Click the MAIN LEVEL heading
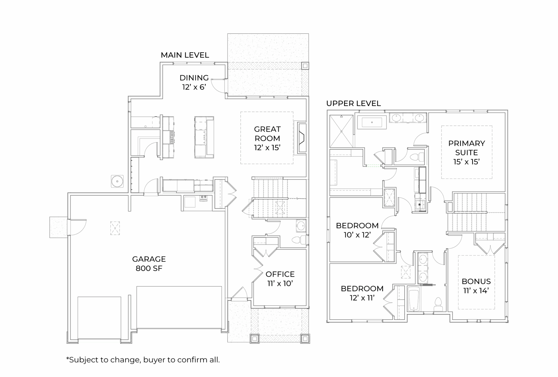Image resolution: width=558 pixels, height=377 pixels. coord(185,55)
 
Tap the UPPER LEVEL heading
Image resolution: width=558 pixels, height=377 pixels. coord(353,104)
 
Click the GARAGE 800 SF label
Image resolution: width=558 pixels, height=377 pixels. coord(149,263)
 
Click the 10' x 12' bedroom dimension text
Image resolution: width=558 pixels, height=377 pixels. coord(357,235)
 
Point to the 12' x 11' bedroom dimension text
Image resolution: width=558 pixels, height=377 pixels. coord(362,298)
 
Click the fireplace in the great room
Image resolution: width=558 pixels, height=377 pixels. coord(302,138)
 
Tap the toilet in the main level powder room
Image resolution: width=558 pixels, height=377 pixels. coord(299,240)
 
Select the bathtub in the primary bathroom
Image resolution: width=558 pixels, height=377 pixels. coord(372,122)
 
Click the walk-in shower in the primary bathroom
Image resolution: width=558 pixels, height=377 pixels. coord(341,131)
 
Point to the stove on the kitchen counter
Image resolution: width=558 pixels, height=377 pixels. coord(172,137)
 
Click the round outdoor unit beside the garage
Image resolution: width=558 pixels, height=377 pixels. coord(117,181)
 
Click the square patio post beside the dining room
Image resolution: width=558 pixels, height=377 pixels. coord(305,66)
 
